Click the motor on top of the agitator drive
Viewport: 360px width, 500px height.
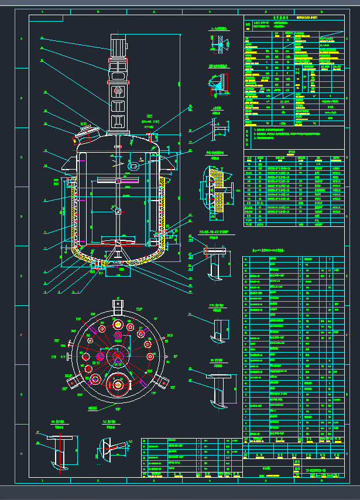119,45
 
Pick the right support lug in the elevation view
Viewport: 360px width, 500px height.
170,163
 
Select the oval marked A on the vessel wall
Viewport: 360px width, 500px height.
134,165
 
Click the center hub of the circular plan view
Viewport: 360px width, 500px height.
118,356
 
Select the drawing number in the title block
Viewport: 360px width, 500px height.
318,470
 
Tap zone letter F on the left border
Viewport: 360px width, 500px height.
22,335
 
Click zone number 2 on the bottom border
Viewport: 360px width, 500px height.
97,481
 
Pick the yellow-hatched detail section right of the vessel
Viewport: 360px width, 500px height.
215,190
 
